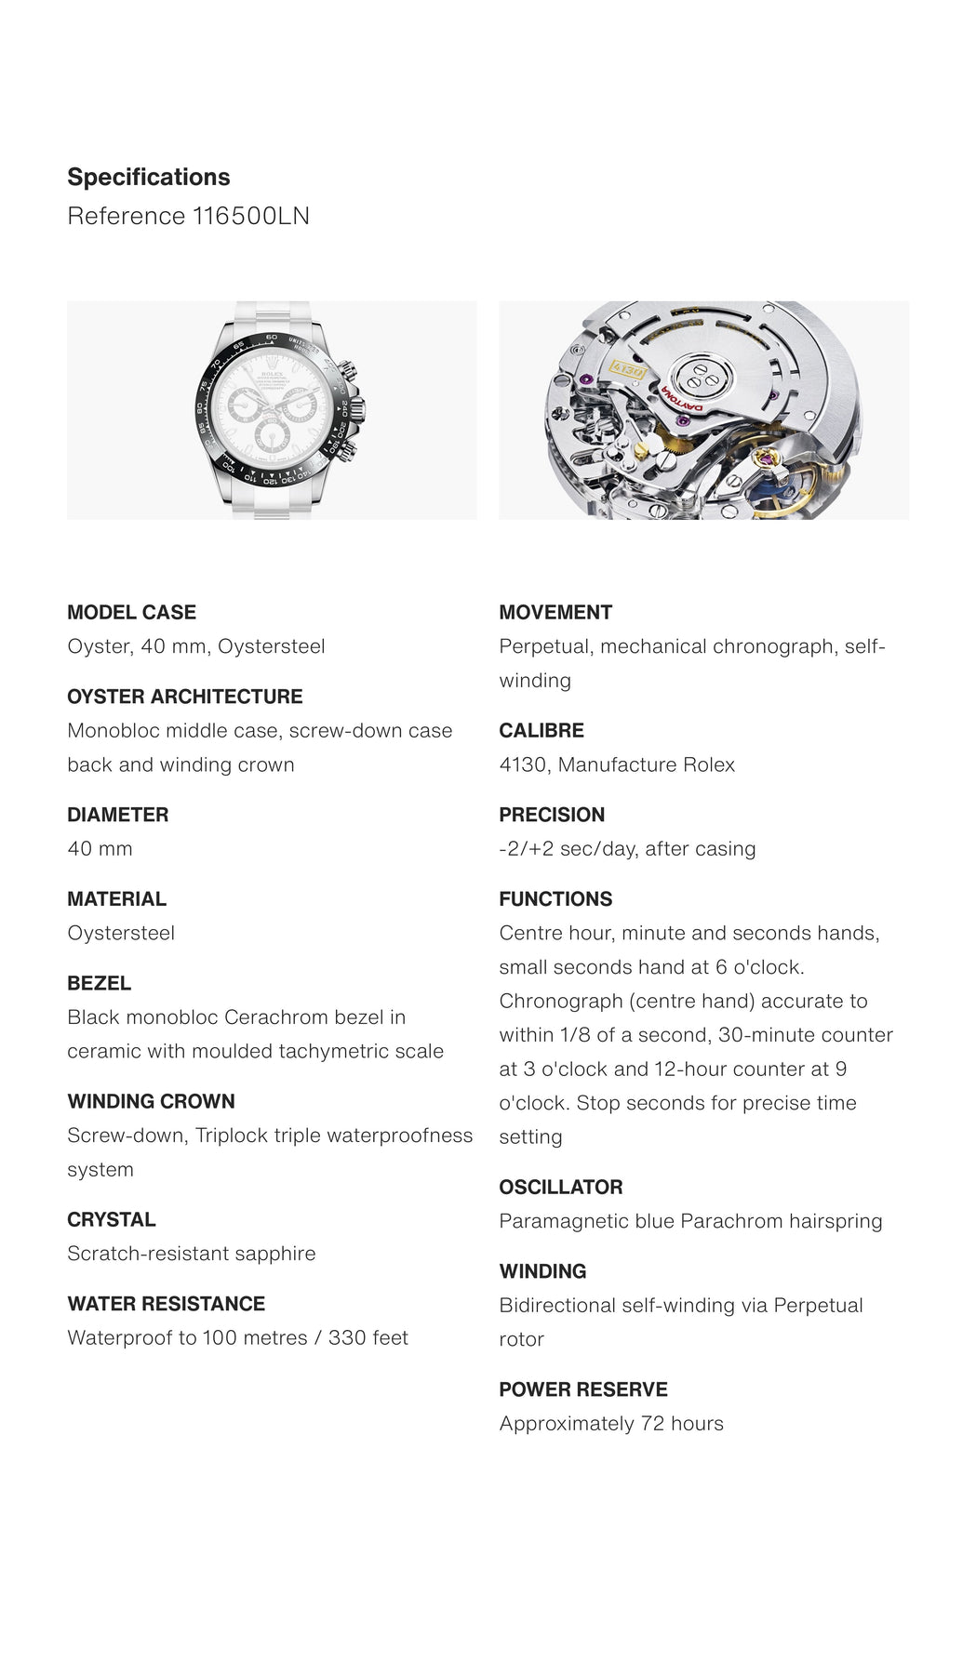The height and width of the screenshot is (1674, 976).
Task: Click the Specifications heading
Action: pyautogui.click(x=149, y=177)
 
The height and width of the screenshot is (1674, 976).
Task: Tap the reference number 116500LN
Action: pyautogui.click(x=250, y=216)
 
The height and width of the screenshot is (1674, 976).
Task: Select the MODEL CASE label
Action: pyautogui.click(x=131, y=612)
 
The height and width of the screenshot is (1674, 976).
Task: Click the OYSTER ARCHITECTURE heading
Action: pyautogui.click(x=184, y=697)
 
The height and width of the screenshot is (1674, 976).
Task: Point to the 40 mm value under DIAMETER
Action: pyautogui.click(x=100, y=848)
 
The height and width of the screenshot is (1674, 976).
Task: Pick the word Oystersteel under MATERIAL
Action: pyautogui.click(x=121, y=933)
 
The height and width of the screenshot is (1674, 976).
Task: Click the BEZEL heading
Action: pyautogui.click(x=99, y=983)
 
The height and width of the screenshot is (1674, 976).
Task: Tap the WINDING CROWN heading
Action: pyautogui.click(x=151, y=1101)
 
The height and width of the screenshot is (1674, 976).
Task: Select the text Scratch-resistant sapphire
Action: pyautogui.click(x=191, y=1254)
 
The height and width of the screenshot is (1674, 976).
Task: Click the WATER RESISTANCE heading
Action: pyautogui.click(x=166, y=1304)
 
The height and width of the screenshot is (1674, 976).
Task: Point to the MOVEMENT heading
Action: pyautogui.click(x=555, y=612)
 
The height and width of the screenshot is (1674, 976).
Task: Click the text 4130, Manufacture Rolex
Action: pyautogui.click(x=616, y=764)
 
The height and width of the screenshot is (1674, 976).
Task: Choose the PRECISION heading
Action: pyautogui.click(x=552, y=815)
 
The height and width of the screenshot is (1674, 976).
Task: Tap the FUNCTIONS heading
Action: pyautogui.click(x=555, y=899)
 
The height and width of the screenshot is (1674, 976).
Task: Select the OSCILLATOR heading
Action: pyautogui.click(x=561, y=1187)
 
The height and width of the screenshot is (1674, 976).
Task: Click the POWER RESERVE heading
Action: pyautogui.click(x=583, y=1389)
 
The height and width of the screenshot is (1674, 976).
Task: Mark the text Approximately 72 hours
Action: pyautogui.click(x=610, y=1423)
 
